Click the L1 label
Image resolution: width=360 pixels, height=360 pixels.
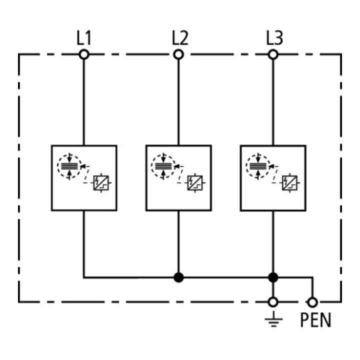[x=84, y=38]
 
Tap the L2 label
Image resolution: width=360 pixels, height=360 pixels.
[x=180, y=38]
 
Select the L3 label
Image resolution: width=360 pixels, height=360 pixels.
[x=274, y=38]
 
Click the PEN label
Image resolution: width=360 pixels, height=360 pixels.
[x=315, y=320]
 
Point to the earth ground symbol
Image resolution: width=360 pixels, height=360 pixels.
[x=273, y=319]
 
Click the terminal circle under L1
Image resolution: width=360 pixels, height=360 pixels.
[x=84, y=54]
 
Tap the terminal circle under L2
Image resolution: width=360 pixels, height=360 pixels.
[x=178, y=54]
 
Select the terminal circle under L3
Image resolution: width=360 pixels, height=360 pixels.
[x=273, y=54]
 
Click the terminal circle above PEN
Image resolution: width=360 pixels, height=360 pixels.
[x=312, y=302]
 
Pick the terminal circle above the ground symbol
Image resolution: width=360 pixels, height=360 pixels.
[x=273, y=302]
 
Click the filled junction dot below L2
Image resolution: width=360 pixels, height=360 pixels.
[x=178, y=277]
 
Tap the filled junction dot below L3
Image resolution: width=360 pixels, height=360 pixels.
[x=273, y=277]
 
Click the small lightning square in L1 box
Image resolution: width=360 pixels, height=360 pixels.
[x=101, y=183]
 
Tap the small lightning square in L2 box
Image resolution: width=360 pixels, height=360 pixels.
[x=195, y=183]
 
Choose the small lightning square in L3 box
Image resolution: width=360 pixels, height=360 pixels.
[x=289, y=183]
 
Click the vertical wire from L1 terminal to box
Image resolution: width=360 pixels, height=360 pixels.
[x=84, y=102]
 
